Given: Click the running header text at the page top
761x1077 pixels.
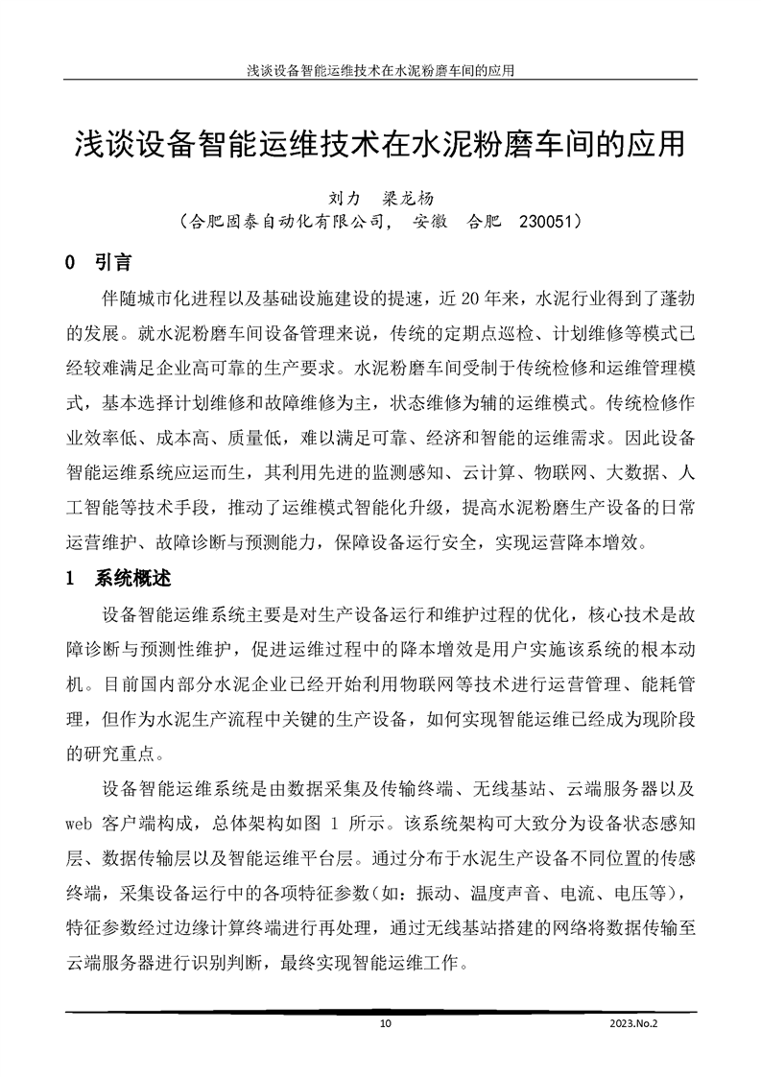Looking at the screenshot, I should pyautogui.click(x=381, y=70).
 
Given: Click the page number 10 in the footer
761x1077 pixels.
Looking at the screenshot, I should pyautogui.click(x=386, y=1023).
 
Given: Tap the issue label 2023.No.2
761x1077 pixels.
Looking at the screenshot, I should pyautogui.click(x=635, y=1023).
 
